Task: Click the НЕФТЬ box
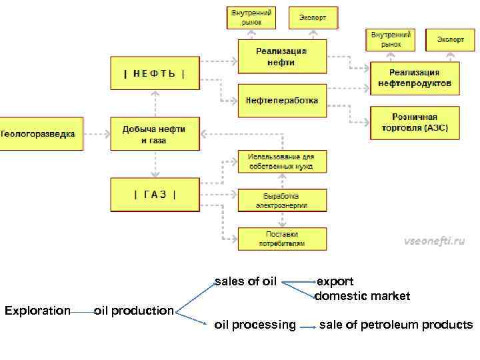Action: pyautogui.click(x=154, y=73)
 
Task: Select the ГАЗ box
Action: pyautogui.click(x=154, y=195)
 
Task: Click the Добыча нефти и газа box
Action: pyautogui.click(x=154, y=134)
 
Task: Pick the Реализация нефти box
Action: pyautogui.click(x=282, y=56)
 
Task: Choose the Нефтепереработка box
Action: pyautogui.click(x=282, y=101)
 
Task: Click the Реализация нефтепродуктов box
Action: pyautogui.click(x=414, y=78)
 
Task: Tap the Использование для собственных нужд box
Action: pyautogui.click(x=282, y=161)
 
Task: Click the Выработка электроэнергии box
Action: pyautogui.click(x=282, y=200)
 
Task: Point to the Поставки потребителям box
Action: pyautogui.click(x=282, y=239)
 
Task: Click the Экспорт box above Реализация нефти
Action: pyautogui.click(x=313, y=18)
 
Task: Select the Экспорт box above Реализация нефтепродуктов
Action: pyautogui.click(x=451, y=40)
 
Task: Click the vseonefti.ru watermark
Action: pyautogui.click(x=434, y=241)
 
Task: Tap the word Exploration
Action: pyautogui.click(x=37, y=311)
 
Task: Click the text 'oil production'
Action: pyautogui.click(x=133, y=311)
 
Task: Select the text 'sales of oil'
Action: pyautogui.click(x=245, y=281)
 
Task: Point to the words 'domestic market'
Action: pyautogui.click(x=362, y=295)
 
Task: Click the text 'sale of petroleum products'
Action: pyautogui.click(x=396, y=325)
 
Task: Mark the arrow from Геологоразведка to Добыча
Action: pyautogui.click(x=97, y=134)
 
